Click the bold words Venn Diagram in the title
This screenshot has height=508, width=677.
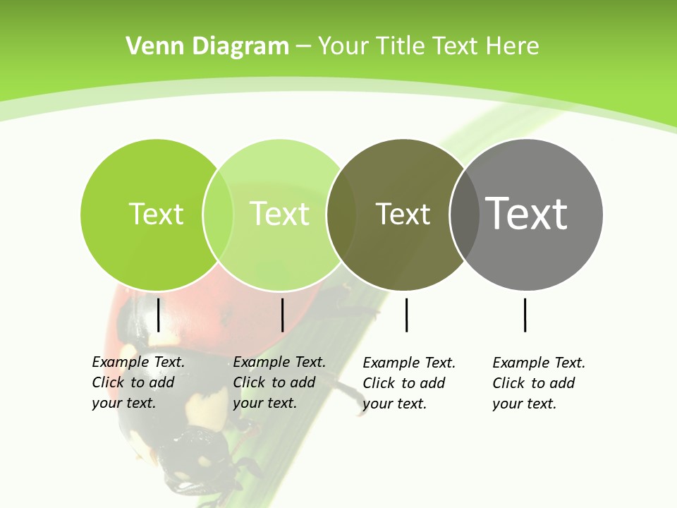point(207,47)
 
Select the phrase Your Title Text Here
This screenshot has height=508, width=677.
point(428,47)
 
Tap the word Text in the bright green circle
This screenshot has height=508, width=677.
point(156,214)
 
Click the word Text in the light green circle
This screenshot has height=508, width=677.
point(279,214)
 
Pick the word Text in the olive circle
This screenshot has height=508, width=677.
point(403,214)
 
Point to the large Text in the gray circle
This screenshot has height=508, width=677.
point(527,213)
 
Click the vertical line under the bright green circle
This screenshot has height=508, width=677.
point(158,315)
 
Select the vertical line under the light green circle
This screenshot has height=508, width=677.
point(282,315)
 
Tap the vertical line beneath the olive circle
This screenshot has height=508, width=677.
point(406,315)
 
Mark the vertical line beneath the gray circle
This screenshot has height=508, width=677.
point(525,315)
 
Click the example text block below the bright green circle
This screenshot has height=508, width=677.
point(138,382)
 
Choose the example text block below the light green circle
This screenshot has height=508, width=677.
point(279,382)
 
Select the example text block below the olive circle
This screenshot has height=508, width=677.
point(409,383)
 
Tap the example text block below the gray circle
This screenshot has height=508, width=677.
point(539,383)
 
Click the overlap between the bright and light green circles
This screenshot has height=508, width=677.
point(218,214)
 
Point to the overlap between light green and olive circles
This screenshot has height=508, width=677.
point(341,214)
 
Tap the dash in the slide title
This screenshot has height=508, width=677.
point(303,47)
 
